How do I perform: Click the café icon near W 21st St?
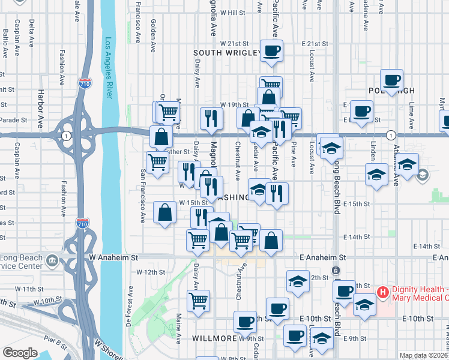point(271,50)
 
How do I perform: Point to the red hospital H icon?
point(382,293)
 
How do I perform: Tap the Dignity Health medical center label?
point(420,293)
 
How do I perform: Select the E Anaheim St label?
point(324,257)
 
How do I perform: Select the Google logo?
point(20,353)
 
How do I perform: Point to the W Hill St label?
point(233,12)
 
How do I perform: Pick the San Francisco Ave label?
point(143,193)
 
